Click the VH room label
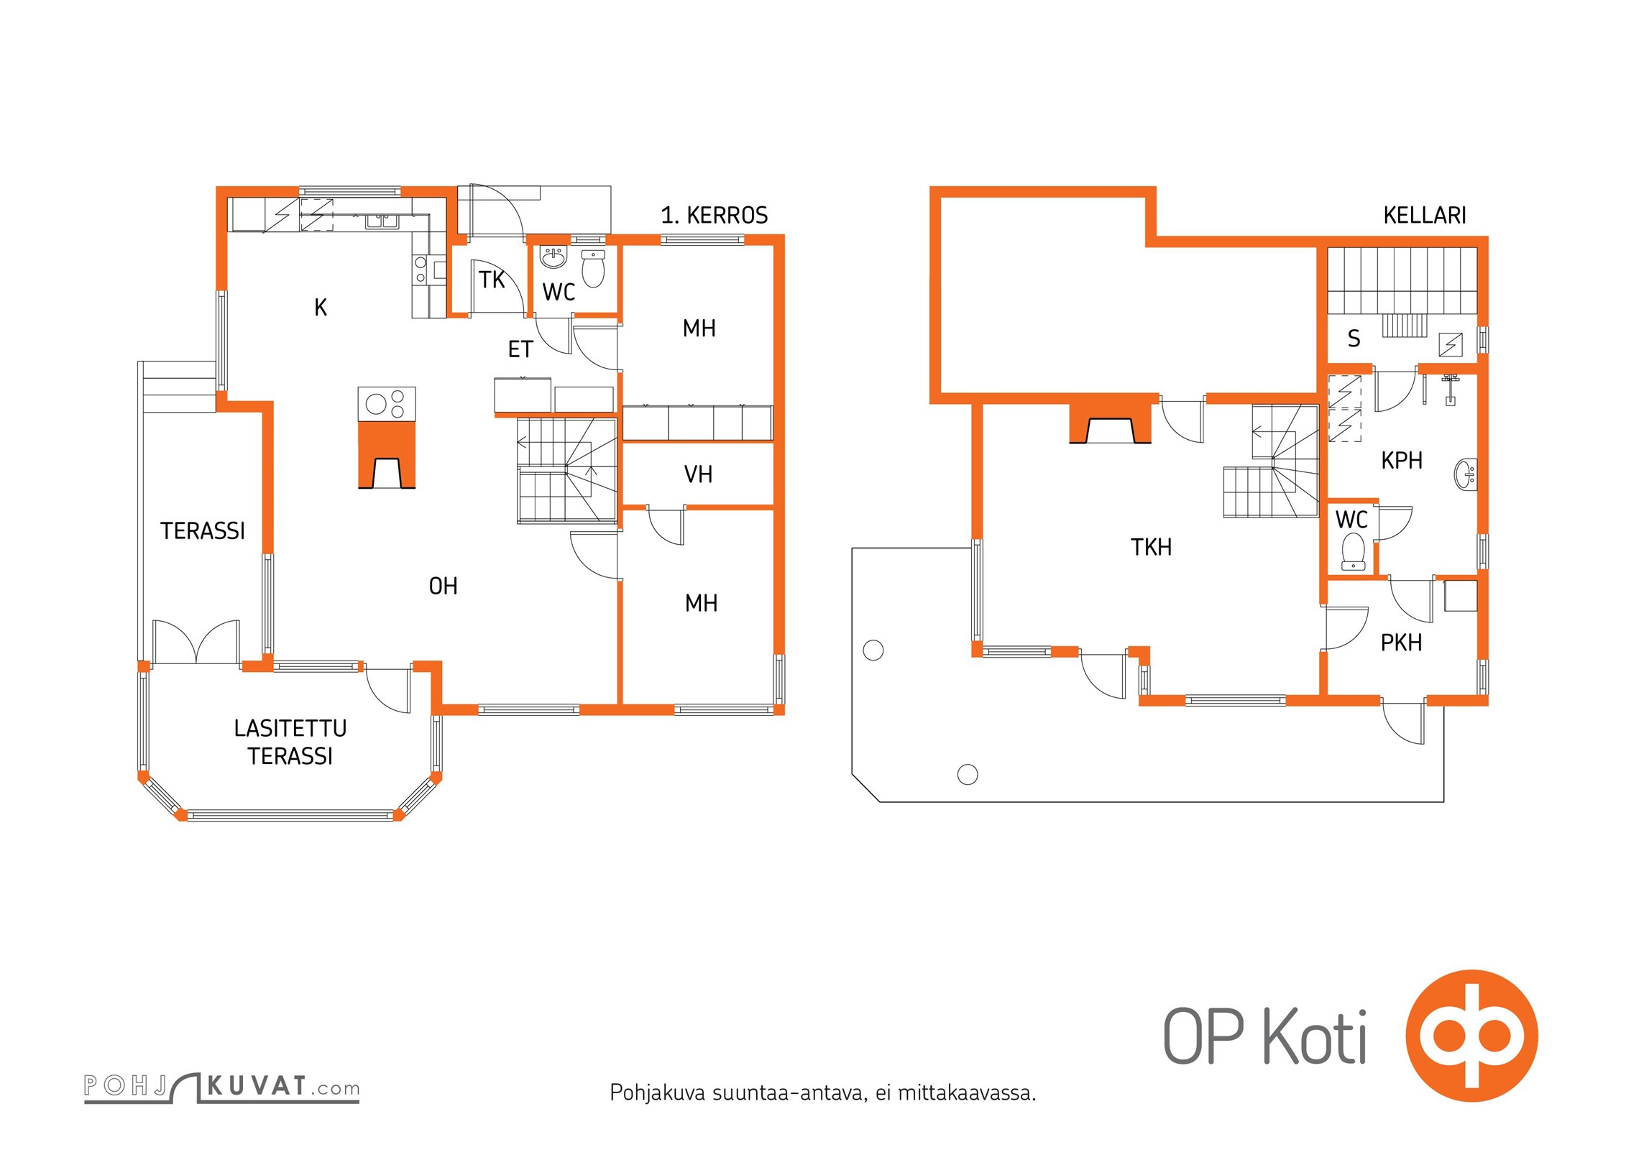698,474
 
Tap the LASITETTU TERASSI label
290,742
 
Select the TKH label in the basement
1151,548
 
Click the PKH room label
1401,643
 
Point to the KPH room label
1402,460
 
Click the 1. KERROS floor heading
715,215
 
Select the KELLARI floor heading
1425,215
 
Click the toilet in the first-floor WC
593,268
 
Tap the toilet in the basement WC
1354,551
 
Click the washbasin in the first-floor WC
553,257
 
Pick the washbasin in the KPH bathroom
1466,474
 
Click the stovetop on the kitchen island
387,404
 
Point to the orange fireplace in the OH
387,455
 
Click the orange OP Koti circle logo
1471,1036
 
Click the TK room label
492,280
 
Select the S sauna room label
1354,339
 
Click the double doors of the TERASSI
196,641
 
